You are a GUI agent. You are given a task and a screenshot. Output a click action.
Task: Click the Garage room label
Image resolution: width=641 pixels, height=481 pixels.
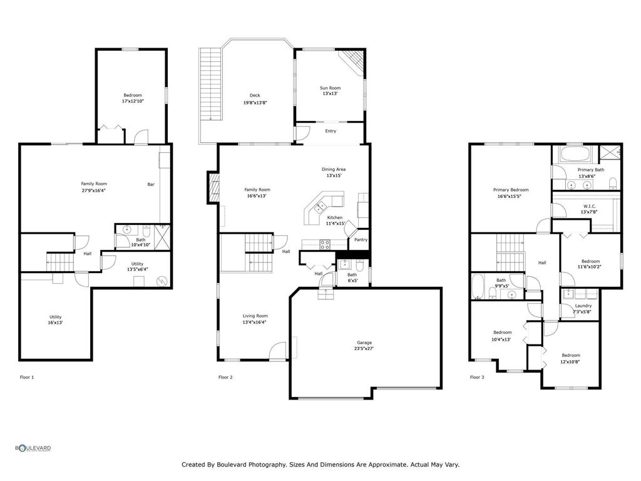364,343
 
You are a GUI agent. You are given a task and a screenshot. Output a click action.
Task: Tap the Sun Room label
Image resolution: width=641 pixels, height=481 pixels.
330,88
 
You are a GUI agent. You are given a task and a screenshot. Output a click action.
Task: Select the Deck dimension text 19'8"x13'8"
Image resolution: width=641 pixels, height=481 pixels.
255,103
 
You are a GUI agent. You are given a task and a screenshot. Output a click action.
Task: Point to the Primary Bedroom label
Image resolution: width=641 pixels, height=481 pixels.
511,190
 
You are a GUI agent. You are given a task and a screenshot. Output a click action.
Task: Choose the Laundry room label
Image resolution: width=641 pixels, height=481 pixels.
583,306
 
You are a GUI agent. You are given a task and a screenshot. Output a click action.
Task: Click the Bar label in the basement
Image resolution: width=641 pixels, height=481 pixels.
151,184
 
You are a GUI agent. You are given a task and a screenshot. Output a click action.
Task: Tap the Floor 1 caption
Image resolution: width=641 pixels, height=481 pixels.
27,377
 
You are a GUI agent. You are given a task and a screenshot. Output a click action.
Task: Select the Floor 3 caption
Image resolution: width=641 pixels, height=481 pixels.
476,377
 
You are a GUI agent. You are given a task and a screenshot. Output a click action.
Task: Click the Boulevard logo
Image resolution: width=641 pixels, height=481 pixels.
33,448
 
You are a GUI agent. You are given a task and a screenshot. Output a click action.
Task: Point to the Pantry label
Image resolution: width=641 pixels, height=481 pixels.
361,239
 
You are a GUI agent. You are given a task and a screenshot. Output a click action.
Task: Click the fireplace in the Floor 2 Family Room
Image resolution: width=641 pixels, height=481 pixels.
213,189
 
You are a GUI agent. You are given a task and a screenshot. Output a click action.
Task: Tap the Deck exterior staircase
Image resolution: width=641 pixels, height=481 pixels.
210,84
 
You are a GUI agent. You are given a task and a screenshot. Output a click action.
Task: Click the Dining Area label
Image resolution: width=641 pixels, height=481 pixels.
334,169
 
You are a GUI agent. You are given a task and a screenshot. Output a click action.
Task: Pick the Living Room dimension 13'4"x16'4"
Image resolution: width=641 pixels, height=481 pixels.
255,323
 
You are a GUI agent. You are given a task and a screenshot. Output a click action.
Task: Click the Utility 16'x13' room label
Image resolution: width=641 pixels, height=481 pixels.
56,317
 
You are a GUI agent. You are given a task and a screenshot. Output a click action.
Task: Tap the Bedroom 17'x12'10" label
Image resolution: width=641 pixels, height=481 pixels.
132,95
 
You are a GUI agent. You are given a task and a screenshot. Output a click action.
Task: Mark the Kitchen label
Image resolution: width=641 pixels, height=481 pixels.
335,217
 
